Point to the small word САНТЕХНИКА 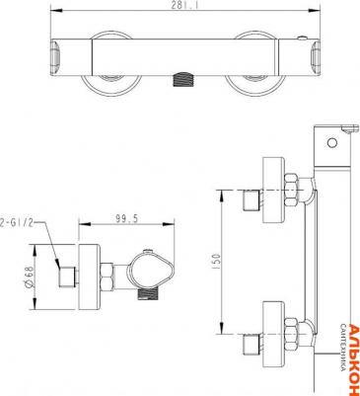tap(341, 351)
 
